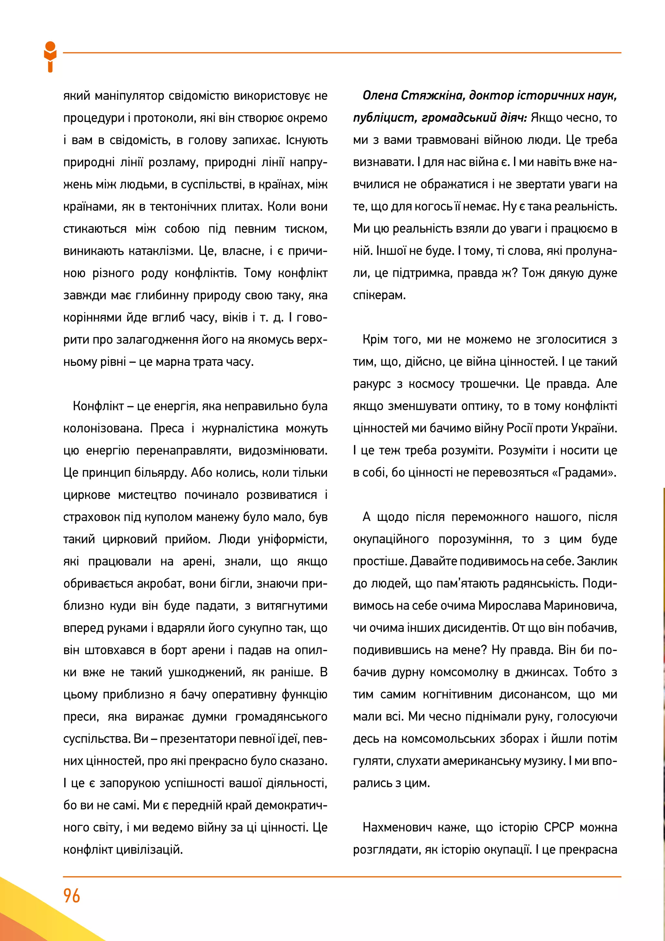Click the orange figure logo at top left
coord(50,57)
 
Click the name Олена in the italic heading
coord(380,96)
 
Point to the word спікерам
coord(379,295)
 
